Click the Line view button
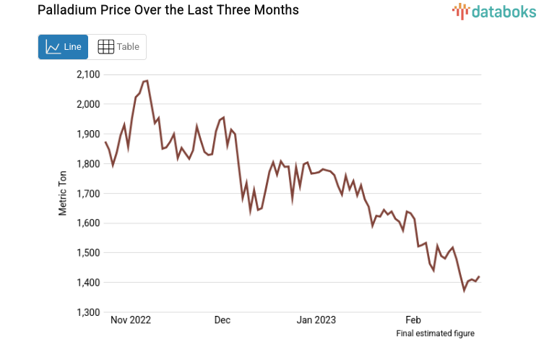(x=63, y=47)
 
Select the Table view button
(x=118, y=47)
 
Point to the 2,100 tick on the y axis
(x=89, y=74)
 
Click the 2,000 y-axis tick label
(x=89, y=104)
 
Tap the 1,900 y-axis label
(x=89, y=134)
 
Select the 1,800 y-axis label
(x=89, y=163)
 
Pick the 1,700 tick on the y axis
(x=89, y=193)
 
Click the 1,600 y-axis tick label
(x=89, y=223)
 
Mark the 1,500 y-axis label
(x=89, y=252)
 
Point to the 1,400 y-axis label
(x=89, y=283)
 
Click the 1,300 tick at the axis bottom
(x=89, y=312)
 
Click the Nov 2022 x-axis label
(x=131, y=320)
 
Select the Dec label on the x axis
(x=222, y=320)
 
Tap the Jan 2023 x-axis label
(x=316, y=320)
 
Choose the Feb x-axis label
(x=413, y=320)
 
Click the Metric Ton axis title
(x=64, y=194)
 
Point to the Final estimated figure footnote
(x=435, y=333)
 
